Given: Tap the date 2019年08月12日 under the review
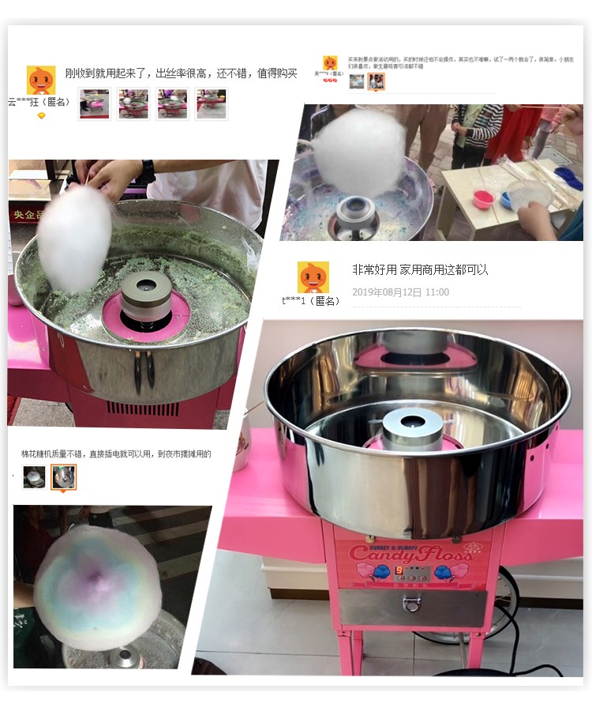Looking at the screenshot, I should pyautogui.click(x=400, y=292).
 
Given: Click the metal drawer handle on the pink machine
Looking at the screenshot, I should pyautogui.click(x=410, y=604).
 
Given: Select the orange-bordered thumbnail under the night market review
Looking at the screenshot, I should pyautogui.click(x=63, y=476).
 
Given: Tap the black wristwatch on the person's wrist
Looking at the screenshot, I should pyautogui.click(x=148, y=171).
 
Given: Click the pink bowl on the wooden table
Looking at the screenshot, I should pyautogui.click(x=483, y=198).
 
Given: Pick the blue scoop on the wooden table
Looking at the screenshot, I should pyautogui.click(x=568, y=175).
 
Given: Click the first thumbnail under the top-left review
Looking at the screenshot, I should pyautogui.click(x=94, y=104).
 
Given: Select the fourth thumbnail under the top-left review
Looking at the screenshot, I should pyautogui.click(x=211, y=104).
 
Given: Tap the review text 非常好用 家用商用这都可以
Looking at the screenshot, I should pyautogui.click(x=420, y=269).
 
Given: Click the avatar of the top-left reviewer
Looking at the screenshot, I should pyautogui.click(x=41, y=80).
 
